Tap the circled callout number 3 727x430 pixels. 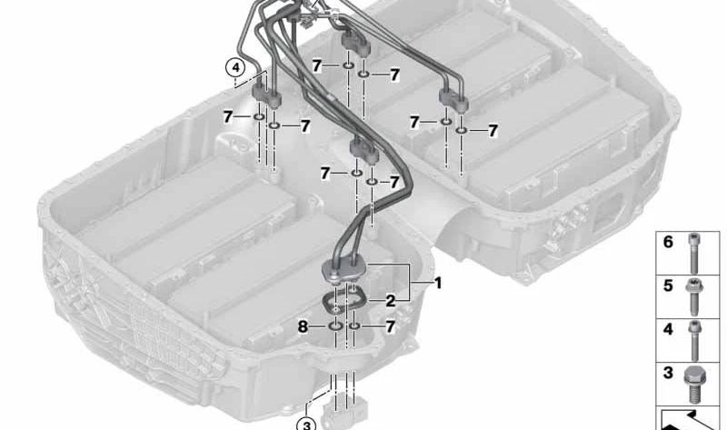pyautogui.click(x=307, y=421)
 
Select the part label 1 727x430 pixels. pyautogui.click(x=437, y=284)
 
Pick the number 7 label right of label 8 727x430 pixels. pyautogui.click(x=390, y=325)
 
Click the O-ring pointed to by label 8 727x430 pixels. pyautogui.click(x=336, y=325)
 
